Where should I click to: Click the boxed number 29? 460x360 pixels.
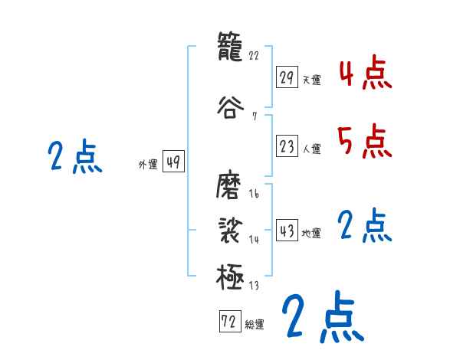click(287, 77)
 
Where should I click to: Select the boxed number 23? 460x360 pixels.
click(287, 147)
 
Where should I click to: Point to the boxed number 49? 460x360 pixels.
click(173, 162)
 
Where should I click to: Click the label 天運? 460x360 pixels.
click(312, 80)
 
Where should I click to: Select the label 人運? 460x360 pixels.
click(312, 149)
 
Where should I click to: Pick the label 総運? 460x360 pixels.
click(255, 325)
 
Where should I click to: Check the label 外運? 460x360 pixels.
click(147, 164)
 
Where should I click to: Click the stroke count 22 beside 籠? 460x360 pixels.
click(255, 56)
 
